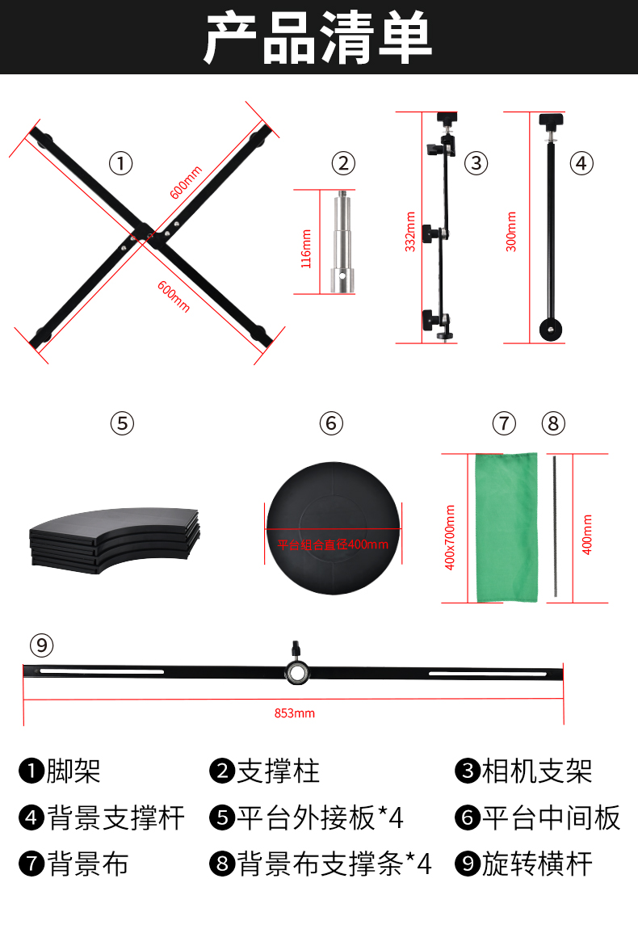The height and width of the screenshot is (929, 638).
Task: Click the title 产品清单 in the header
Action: coord(318,38)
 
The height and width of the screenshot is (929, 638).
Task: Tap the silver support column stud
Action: coord(342,242)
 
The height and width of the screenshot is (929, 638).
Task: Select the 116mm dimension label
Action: coord(306,249)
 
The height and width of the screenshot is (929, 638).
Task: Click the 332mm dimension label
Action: coord(410,232)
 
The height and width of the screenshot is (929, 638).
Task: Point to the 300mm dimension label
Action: coord(511,232)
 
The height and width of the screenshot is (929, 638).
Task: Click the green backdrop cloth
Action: coord(506,528)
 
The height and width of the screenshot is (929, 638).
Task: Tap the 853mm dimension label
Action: coord(295,713)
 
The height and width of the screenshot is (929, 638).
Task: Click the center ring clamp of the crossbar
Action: coord(296,672)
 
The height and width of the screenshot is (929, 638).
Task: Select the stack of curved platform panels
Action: coord(115,540)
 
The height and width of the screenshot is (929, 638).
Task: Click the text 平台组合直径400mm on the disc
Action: coord(333,544)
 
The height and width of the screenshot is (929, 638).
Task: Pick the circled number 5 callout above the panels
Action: coord(122,423)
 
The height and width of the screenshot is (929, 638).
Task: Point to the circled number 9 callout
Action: coord(41,645)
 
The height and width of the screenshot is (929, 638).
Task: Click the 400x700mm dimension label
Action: coord(450,537)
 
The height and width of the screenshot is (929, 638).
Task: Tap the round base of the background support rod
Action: coord(551,330)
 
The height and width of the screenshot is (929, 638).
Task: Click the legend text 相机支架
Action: coord(537,771)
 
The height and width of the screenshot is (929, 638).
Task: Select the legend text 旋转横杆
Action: coord(537,864)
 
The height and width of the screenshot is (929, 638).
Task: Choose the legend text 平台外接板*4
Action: coord(320,818)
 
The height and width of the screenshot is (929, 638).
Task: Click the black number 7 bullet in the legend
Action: coord(31,864)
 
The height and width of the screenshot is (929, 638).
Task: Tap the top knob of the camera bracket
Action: coord(447,117)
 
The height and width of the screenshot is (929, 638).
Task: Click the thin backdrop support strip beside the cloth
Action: coord(555,526)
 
